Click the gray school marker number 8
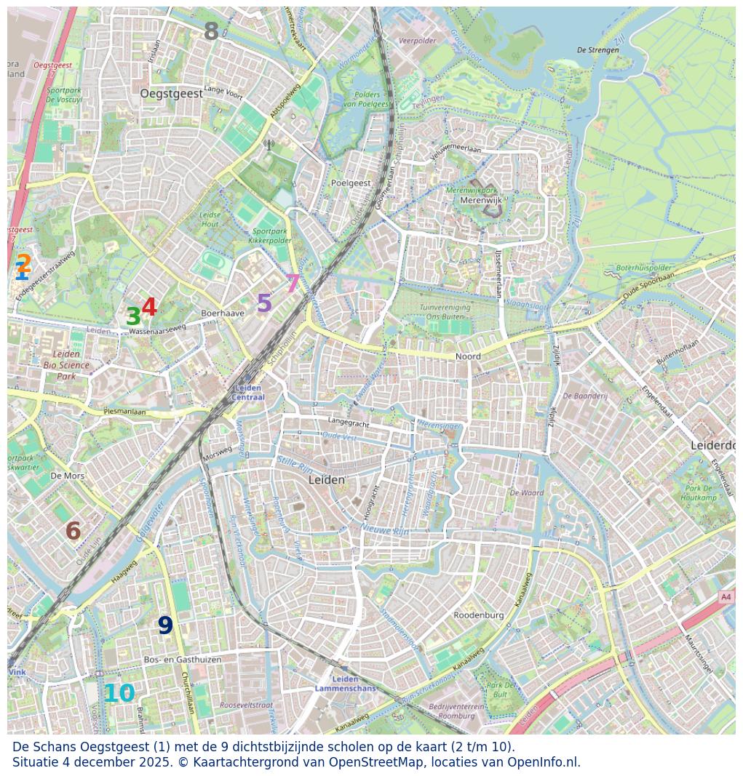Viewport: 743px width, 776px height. (x=211, y=31)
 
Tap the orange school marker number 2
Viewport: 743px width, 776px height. (x=24, y=263)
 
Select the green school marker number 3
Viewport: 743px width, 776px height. (x=133, y=316)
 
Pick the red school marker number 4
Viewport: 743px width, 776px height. (x=149, y=307)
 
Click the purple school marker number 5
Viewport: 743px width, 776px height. (x=264, y=303)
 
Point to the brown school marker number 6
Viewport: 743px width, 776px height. (x=73, y=531)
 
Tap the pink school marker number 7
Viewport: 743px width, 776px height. (x=293, y=284)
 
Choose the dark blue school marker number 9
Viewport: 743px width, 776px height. (x=165, y=625)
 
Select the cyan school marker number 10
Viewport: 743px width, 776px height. (x=119, y=694)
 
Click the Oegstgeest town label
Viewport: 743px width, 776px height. (x=171, y=94)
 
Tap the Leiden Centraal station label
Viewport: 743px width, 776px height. (x=247, y=393)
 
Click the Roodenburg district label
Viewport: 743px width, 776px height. (x=478, y=615)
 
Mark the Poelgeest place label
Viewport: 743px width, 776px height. (x=351, y=183)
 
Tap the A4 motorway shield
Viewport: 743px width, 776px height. (x=726, y=596)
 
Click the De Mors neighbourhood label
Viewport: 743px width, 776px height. (x=68, y=476)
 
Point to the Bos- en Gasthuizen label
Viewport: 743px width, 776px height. (x=183, y=660)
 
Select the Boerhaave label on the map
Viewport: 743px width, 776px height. (x=223, y=313)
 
